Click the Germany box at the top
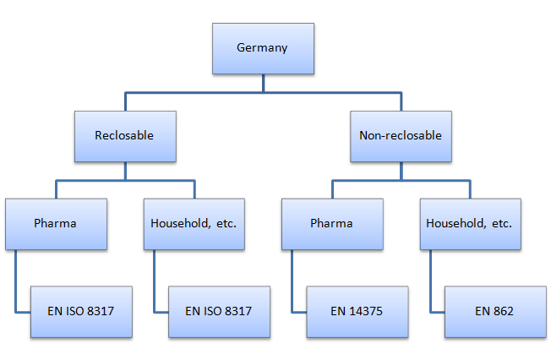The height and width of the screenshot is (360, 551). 263,48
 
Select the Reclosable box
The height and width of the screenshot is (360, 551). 125,136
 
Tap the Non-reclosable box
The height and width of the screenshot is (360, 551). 401,136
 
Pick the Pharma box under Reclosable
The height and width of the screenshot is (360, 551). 57,224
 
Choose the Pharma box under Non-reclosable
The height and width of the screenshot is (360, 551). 332,224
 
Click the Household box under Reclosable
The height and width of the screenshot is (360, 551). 194,224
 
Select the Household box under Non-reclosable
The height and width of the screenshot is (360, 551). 471,224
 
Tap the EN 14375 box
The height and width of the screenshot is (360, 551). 357,312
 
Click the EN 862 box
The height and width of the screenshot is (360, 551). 495,312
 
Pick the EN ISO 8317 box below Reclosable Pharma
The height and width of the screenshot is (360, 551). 81,312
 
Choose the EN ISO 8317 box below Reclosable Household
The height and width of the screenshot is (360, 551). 219,312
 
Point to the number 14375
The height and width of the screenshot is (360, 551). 365,311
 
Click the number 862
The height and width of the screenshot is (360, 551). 504,311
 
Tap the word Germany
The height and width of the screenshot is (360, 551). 262,48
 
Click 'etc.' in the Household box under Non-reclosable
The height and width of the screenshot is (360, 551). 502,223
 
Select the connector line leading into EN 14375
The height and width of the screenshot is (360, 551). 292,281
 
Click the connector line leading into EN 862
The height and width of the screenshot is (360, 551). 430,281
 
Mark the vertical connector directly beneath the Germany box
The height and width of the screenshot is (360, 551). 263,84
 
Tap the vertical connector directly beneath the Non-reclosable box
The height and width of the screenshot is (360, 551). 401,172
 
